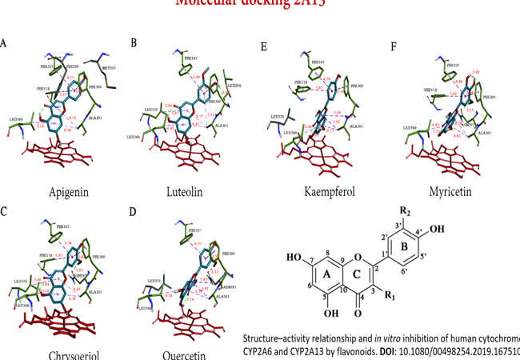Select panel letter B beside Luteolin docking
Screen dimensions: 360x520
point(134,42)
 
